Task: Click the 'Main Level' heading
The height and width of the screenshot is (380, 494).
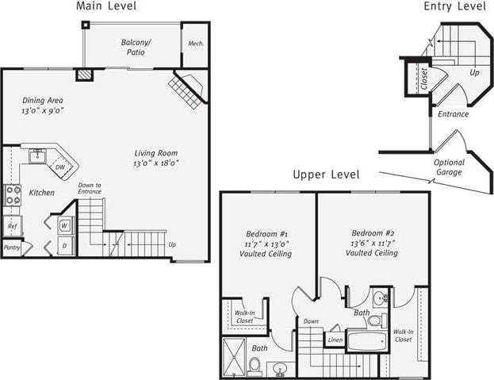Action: pyautogui.click(x=105, y=6)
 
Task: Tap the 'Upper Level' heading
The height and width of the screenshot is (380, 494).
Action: pyautogui.click(x=326, y=175)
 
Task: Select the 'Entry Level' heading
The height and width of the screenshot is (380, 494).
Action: pyautogui.click(x=454, y=6)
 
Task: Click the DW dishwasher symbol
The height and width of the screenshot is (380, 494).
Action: pyautogui.click(x=60, y=167)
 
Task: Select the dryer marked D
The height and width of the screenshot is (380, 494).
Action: pyautogui.click(x=64, y=247)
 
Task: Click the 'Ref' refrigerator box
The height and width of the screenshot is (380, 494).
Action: pyautogui.click(x=12, y=226)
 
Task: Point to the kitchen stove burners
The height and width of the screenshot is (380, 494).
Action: pyautogui.click(x=13, y=194)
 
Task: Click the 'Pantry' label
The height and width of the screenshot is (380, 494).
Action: pyautogui.click(x=12, y=248)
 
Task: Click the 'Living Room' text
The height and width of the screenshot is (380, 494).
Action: pyautogui.click(x=155, y=153)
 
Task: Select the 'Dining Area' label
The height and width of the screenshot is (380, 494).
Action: pyautogui.click(x=43, y=101)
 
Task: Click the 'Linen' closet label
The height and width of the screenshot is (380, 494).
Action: pyautogui.click(x=335, y=340)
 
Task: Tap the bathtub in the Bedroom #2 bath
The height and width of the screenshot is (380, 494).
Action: pyautogui.click(x=366, y=341)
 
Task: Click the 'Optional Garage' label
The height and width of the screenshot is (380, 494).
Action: pyautogui.click(x=449, y=167)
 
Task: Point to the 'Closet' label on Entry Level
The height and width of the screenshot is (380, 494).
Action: pyautogui.click(x=424, y=78)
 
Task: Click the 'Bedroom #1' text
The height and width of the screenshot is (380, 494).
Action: pyautogui.click(x=267, y=234)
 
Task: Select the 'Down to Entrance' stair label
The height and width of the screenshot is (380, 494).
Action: pyautogui.click(x=90, y=189)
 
